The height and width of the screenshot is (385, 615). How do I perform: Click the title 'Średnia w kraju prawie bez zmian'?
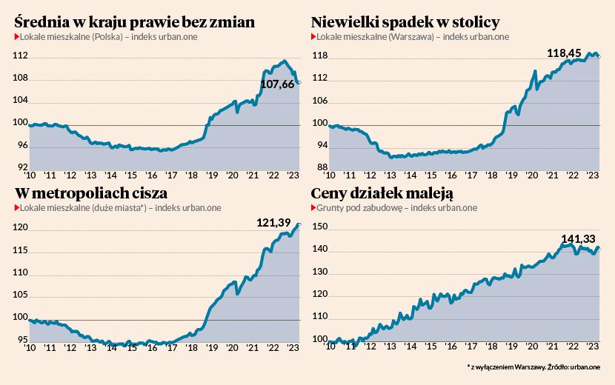coord(135,22)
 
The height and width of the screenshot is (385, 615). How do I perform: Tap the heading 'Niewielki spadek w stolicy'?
coord(405,22)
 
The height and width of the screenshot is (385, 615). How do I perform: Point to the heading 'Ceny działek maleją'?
coord(382,193)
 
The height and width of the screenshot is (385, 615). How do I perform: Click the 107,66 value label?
coord(278,84)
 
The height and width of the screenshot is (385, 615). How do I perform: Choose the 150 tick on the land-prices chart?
coord(319,228)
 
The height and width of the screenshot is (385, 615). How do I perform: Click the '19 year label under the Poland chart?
coord(212,175)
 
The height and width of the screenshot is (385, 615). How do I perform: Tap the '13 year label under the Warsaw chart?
coord(388,175)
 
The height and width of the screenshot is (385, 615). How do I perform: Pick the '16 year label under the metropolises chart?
coord(151,347)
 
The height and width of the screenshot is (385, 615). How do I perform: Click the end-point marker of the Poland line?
coord(298,81)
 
